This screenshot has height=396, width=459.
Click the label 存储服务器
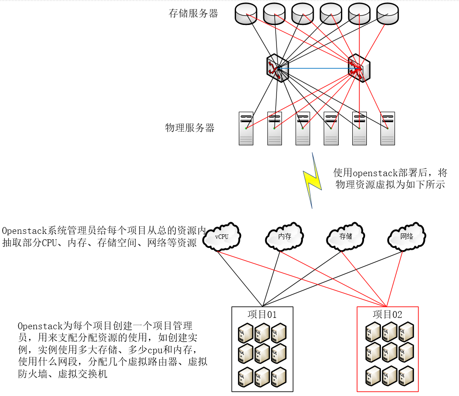(x=193, y=14)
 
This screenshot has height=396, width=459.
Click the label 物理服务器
(x=189, y=128)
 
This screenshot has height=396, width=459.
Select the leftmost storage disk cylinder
(x=246, y=14)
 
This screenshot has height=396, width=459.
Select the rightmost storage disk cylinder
(x=387, y=14)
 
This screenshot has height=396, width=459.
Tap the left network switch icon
(x=277, y=69)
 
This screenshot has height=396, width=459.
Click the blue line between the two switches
(x=318, y=69)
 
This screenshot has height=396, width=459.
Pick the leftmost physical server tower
(x=246, y=128)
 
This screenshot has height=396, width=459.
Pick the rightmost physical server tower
(x=387, y=128)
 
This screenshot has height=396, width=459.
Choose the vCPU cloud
(x=222, y=237)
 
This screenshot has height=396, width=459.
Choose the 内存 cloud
(x=284, y=237)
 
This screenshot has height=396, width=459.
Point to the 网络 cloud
(x=407, y=237)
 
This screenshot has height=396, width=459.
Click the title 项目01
(x=262, y=314)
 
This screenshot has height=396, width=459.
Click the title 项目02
(x=387, y=314)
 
